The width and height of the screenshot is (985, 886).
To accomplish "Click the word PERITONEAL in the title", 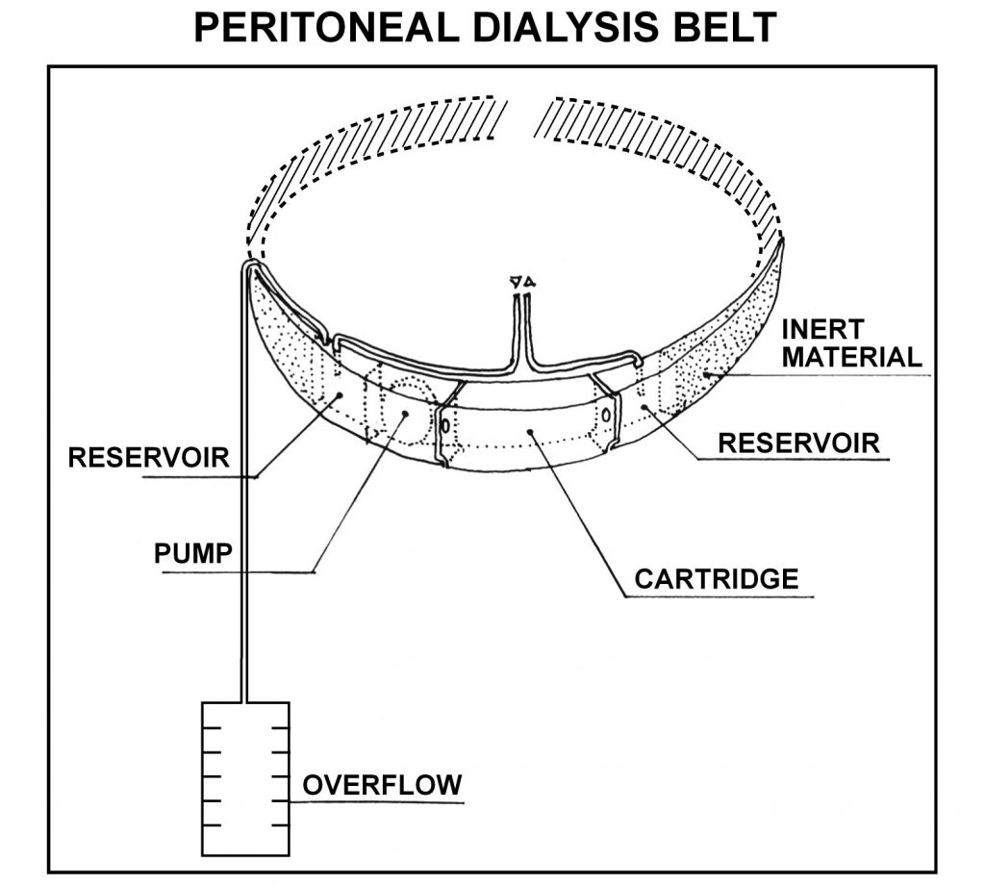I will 322,28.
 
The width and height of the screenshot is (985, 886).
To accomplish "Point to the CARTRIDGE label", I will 717,579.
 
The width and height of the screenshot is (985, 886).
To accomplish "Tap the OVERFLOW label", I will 382,785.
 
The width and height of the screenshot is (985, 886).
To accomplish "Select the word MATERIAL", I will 852,358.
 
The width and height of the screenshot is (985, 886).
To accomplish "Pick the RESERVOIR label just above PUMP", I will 149,457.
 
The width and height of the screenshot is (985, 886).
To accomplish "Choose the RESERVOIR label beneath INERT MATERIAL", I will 799,443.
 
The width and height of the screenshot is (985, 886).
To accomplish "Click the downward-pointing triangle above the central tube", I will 517,283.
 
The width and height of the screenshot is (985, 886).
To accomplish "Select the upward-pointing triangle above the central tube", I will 529,283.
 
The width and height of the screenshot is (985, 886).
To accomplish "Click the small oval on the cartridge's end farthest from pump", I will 607,414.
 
